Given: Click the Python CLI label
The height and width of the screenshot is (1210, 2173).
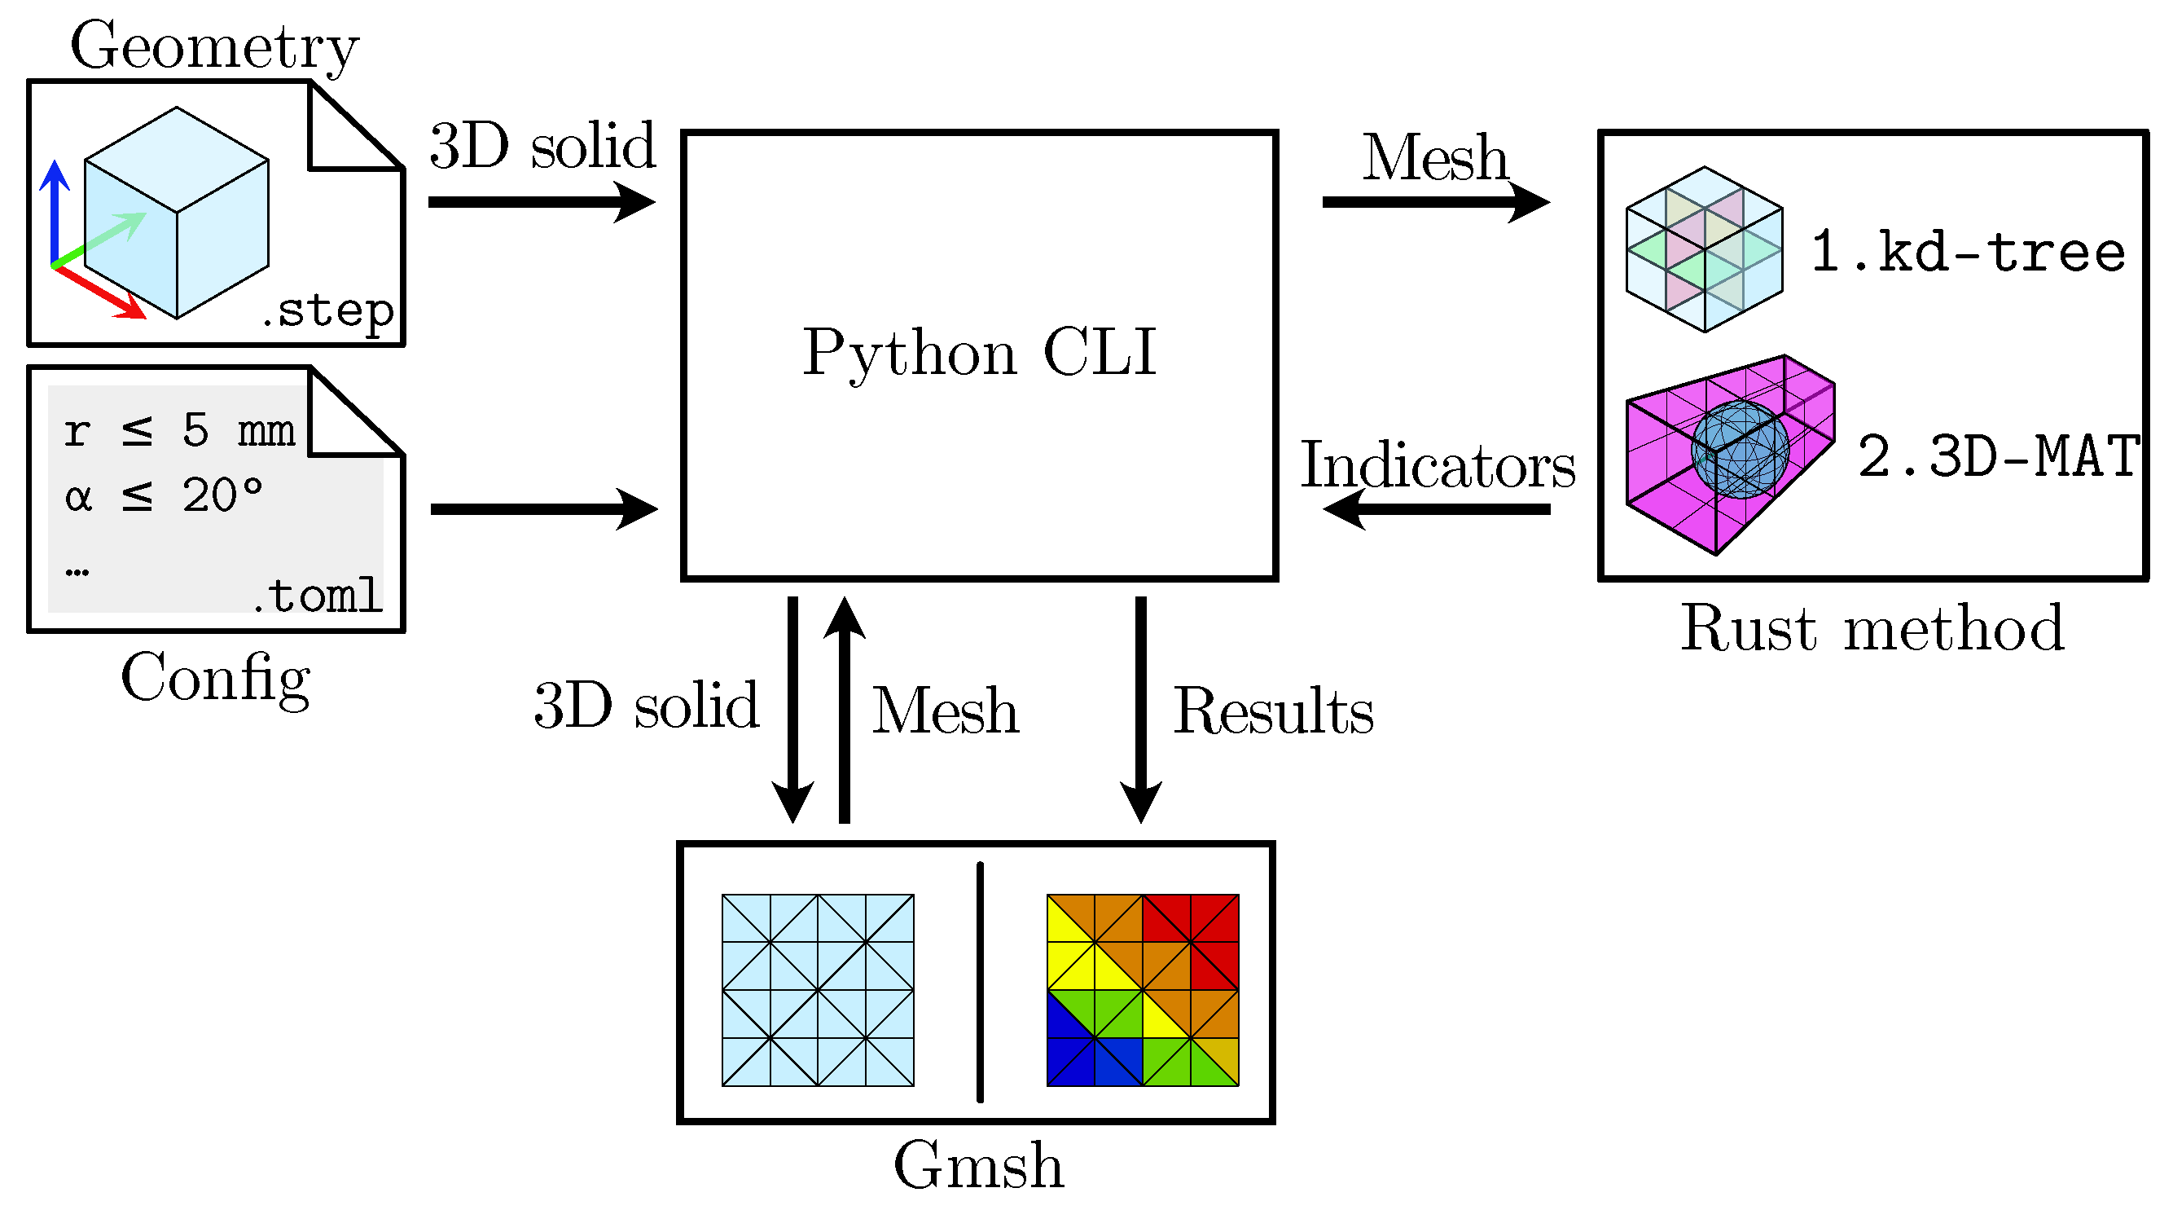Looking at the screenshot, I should click(x=978, y=353).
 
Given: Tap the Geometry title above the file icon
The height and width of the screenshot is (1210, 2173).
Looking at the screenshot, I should click(x=214, y=47).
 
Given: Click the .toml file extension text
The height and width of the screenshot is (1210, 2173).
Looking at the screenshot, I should click(x=317, y=596).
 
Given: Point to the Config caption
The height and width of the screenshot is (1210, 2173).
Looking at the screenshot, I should click(x=216, y=677).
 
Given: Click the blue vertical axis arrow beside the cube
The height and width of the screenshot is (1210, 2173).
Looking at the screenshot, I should click(x=55, y=211).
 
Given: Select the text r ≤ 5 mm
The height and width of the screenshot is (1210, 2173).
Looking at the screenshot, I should click(x=179, y=430).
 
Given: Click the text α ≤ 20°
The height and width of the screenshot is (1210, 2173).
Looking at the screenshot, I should click(x=164, y=495).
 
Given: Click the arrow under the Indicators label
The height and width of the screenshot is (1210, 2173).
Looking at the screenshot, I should click(x=1436, y=508).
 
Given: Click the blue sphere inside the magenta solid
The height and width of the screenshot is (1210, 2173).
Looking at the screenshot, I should click(x=1741, y=449).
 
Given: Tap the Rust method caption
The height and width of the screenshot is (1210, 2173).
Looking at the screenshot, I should click(x=1872, y=628).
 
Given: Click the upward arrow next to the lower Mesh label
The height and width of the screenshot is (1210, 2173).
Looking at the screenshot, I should click(x=845, y=709).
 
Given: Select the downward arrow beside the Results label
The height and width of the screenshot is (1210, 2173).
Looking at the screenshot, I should click(x=1140, y=709).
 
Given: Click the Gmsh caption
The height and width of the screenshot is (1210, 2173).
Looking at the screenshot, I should click(x=978, y=1165).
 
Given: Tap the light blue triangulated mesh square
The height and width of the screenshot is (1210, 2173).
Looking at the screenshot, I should click(x=818, y=990).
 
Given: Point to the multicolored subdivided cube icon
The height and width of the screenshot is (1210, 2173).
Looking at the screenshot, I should click(x=1704, y=249).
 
